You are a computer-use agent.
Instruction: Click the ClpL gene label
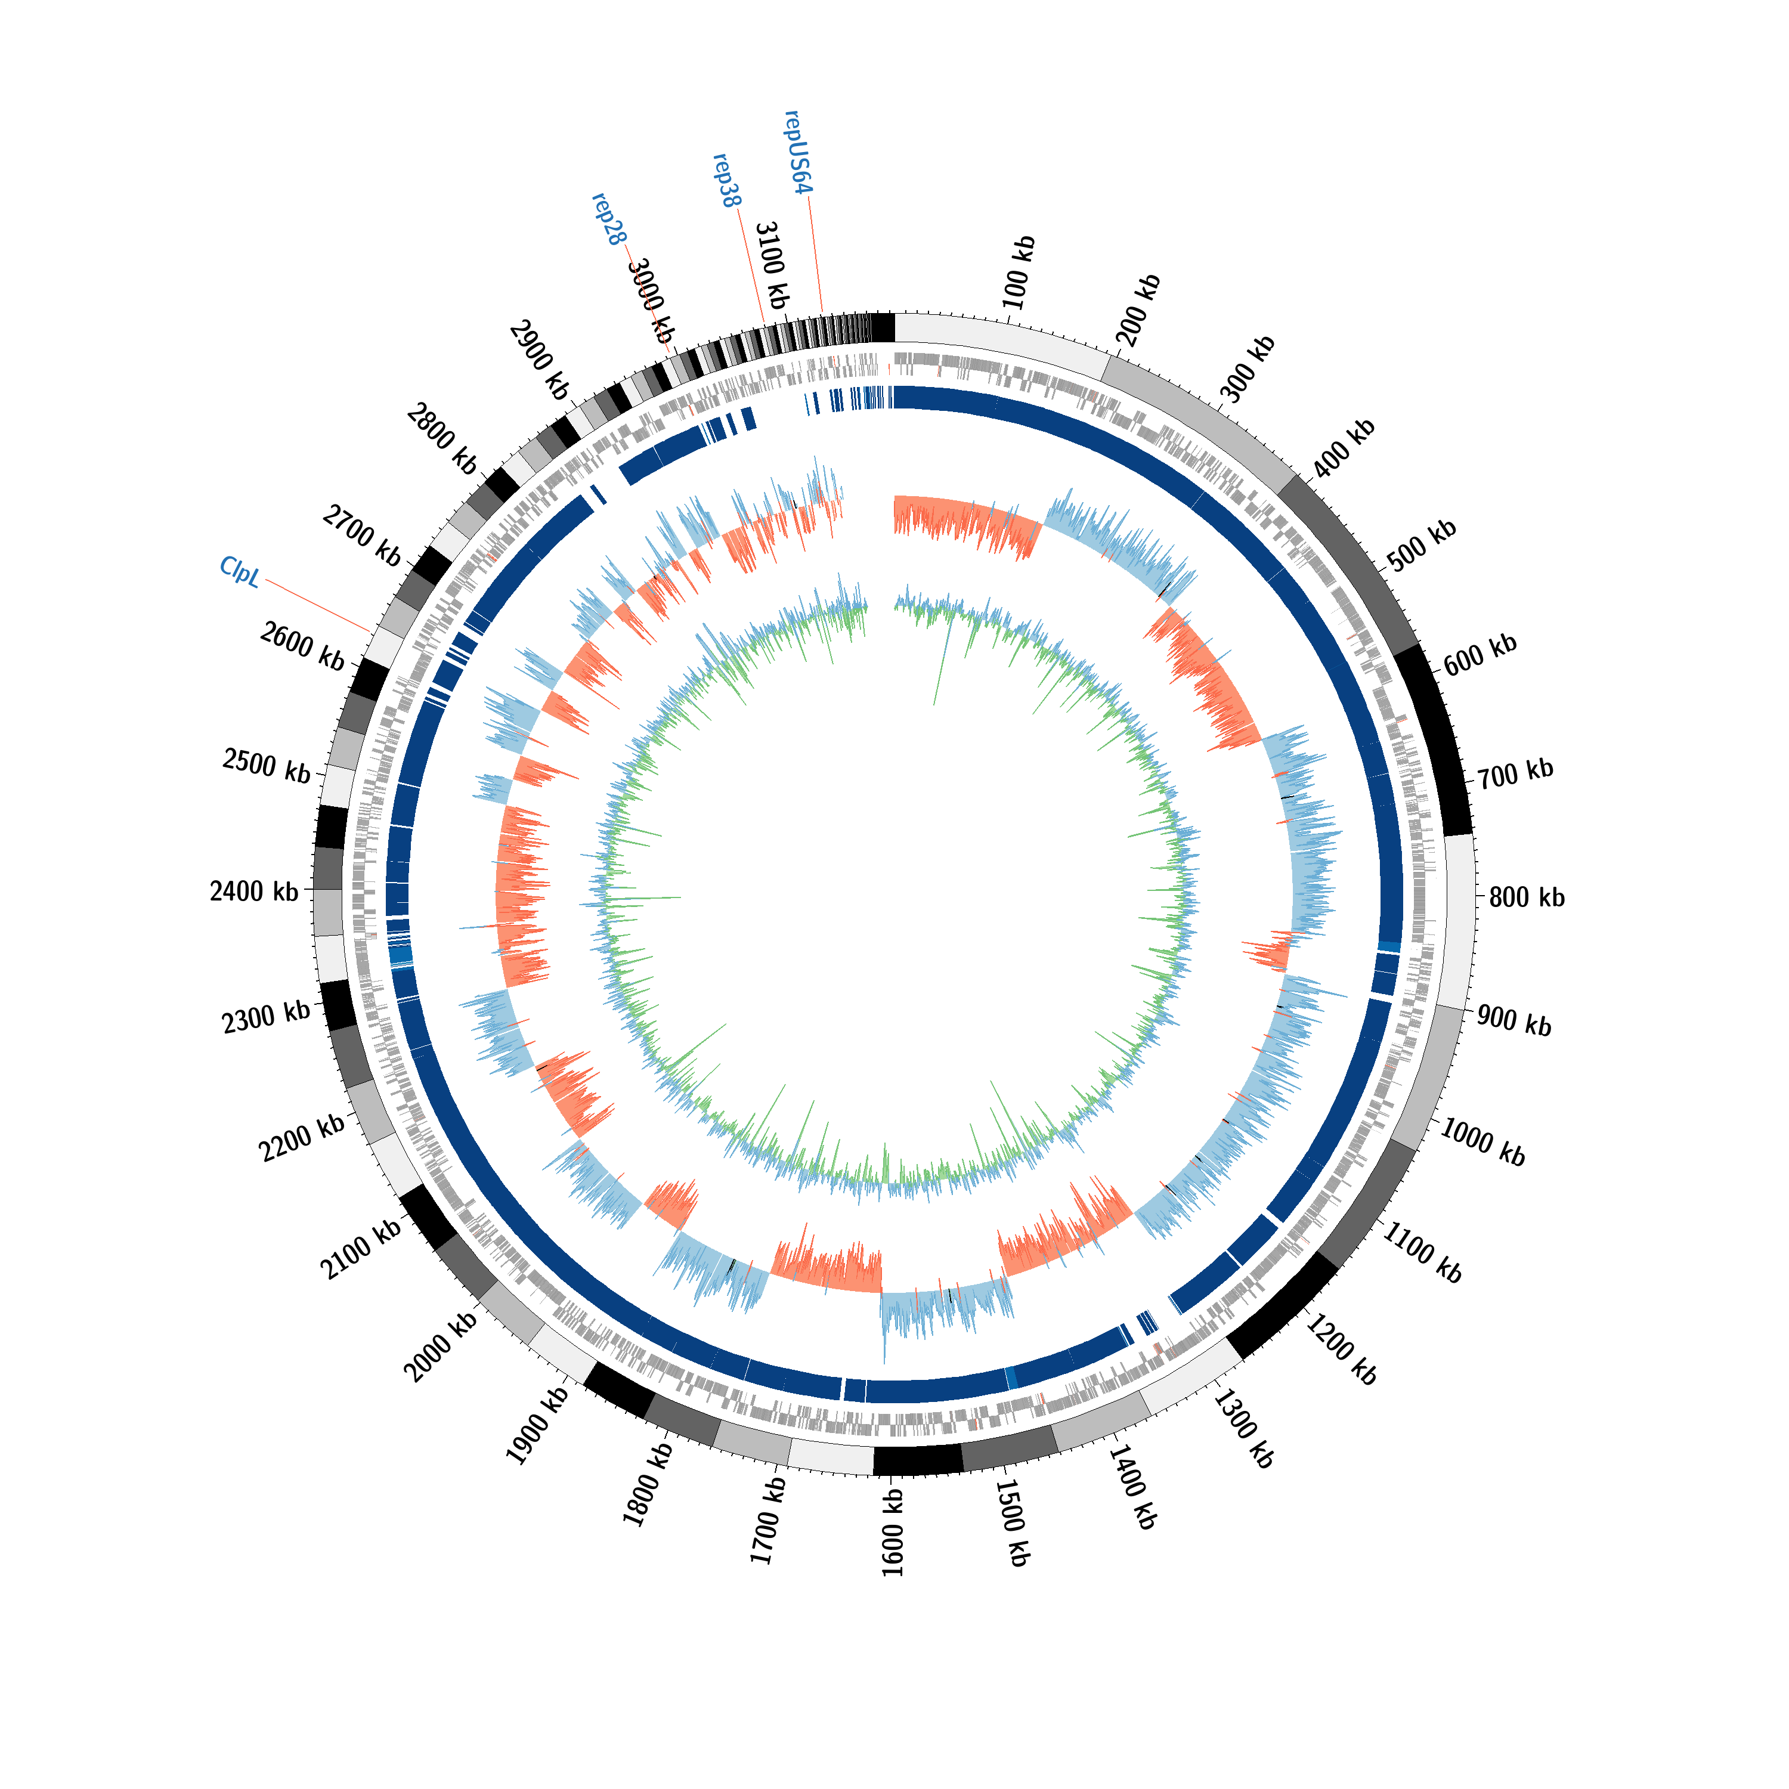coord(240,571)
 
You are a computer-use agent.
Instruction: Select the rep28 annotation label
coord(608,219)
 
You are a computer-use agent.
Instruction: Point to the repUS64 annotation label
coord(798,152)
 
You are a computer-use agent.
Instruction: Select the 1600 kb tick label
coord(893,1533)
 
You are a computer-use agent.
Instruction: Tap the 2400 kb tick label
coord(253,892)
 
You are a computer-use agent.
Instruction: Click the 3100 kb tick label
coord(771,265)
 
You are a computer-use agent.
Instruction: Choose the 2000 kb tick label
coord(442,1347)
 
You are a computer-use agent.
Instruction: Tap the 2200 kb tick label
coord(302,1137)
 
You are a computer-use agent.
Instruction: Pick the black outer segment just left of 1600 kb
coord(918,1460)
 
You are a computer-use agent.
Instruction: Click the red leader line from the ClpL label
coord(318,606)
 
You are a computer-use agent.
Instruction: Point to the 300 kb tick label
coord(1248,369)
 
